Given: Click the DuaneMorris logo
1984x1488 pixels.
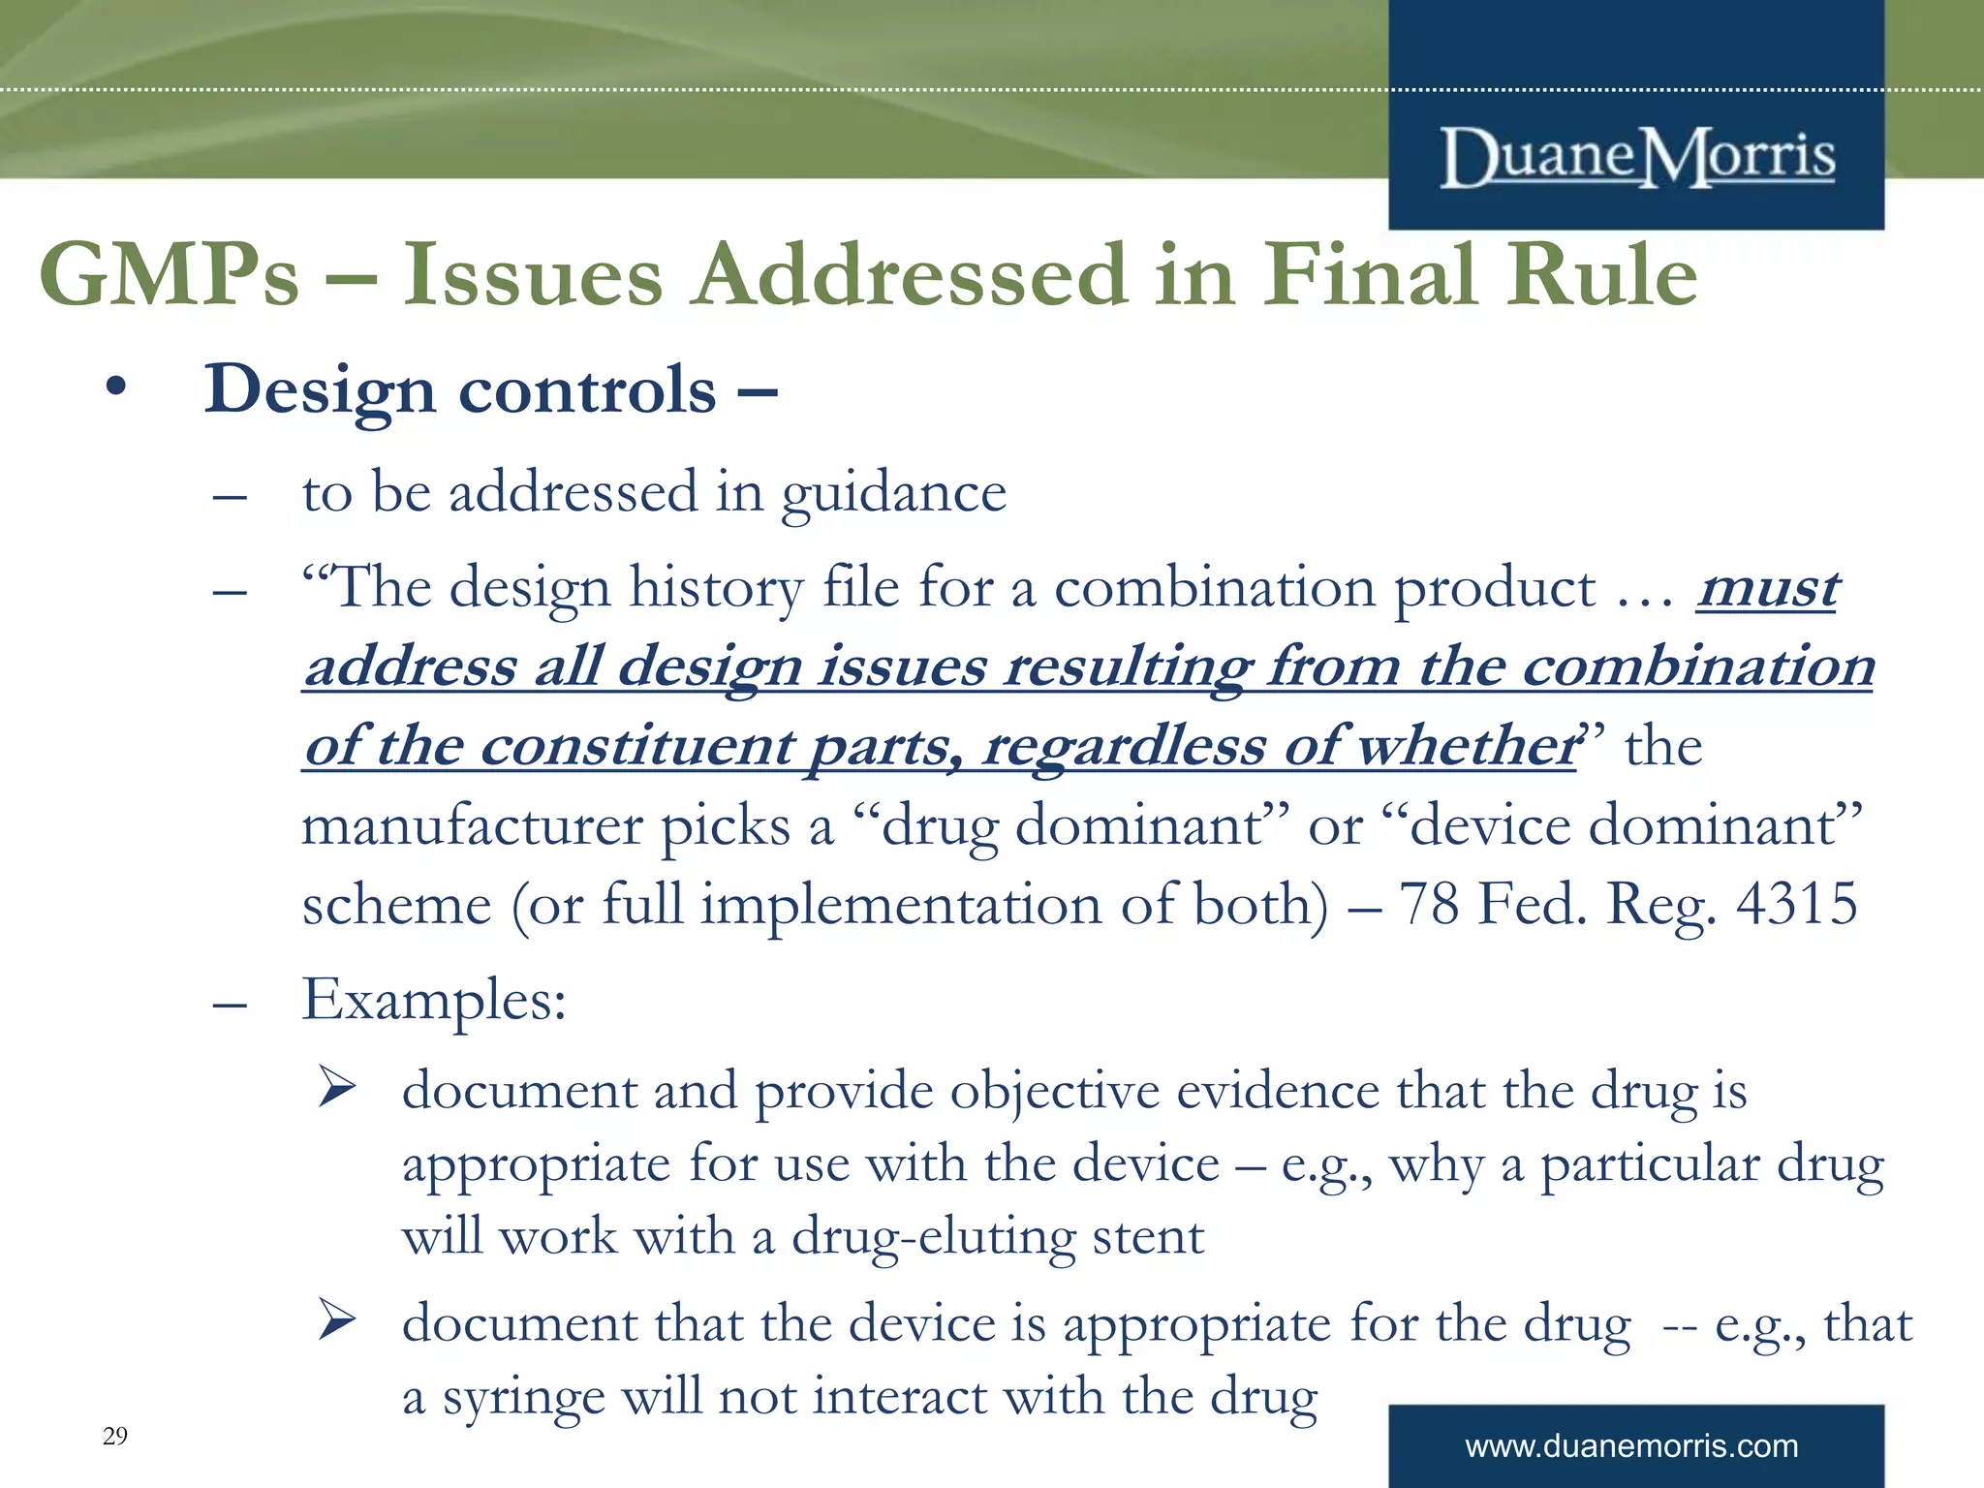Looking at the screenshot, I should [1637, 157].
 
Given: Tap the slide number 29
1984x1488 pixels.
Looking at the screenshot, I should [114, 1436].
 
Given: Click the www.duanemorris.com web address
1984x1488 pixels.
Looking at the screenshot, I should [1631, 1446].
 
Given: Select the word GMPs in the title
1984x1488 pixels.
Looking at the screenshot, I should [169, 275].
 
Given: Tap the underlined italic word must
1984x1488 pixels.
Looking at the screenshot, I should [1768, 588].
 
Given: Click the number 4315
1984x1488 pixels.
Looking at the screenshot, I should [1796, 904].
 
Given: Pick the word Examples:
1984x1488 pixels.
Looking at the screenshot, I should [434, 1000].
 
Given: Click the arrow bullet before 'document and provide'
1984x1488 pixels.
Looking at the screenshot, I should [338, 1088].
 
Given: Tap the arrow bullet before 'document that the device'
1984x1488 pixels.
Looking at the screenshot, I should [338, 1320].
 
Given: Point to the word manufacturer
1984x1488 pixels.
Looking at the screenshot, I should [473, 826].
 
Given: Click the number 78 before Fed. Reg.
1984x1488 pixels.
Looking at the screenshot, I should [1429, 904].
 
